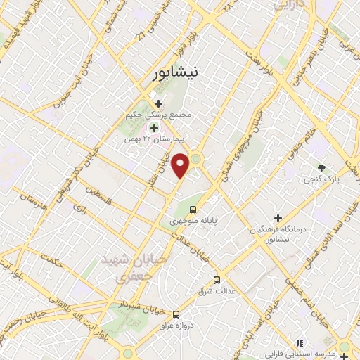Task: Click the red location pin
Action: click(x=181, y=166)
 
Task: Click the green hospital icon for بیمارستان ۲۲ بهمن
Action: click(x=154, y=128)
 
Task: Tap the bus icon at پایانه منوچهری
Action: click(x=194, y=209)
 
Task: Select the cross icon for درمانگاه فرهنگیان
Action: click(x=278, y=219)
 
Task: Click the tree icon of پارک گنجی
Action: click(x=322, y=168)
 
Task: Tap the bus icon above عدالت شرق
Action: click(x=217, y=279)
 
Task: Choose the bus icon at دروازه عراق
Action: click(x=176, y=314)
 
